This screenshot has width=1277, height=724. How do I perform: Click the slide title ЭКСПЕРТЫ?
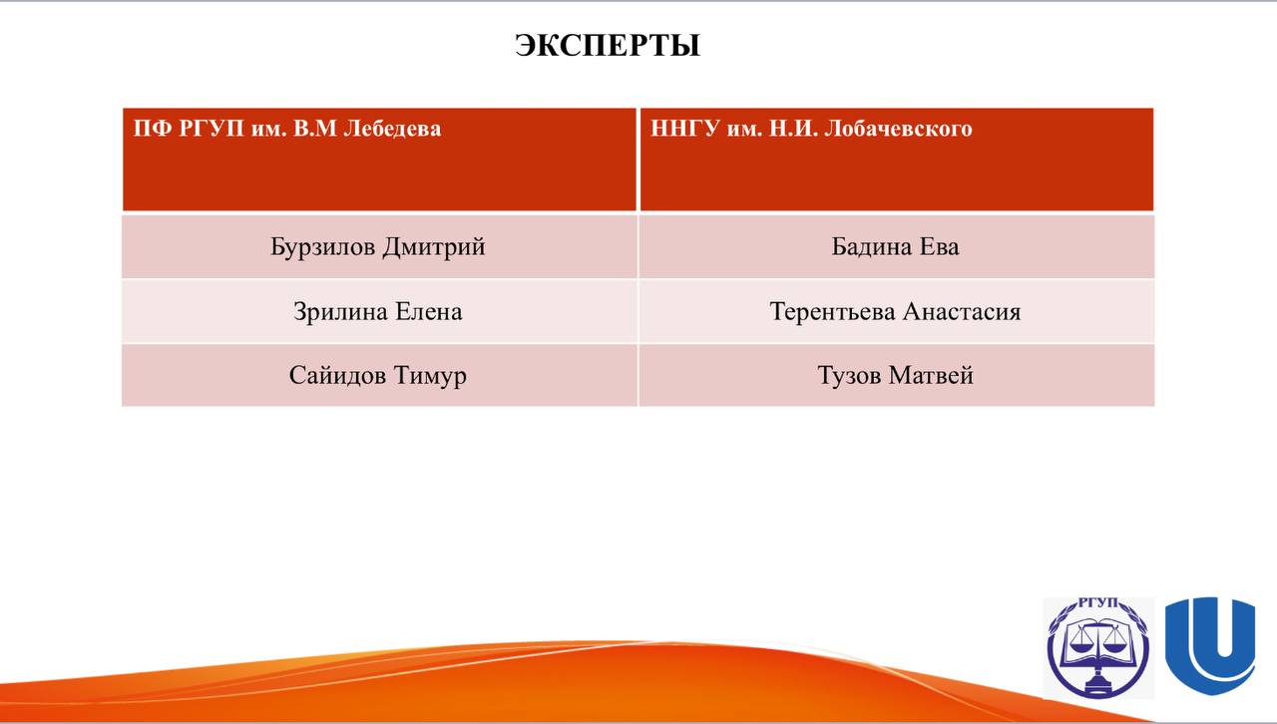pos(608,45)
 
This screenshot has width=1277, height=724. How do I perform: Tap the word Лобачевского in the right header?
pos(898,129)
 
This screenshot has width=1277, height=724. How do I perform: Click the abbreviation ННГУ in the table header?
pos(684,129)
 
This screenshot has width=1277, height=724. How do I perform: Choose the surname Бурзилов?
pos(322,247)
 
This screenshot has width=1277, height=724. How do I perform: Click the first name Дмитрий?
pos(434,247)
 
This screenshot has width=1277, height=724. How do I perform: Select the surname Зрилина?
pos(340,312)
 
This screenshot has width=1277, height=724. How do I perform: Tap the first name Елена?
pos(429,312)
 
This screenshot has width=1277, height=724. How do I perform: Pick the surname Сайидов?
pos(337,376)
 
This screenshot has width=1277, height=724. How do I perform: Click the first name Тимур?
pos(430,376)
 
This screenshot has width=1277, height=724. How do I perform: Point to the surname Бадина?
pos(872,247)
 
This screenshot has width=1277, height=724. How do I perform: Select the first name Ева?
pos(940,247)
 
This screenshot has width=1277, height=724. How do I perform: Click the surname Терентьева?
pos(832,312)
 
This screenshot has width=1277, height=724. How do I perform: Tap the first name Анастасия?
pos(962,312)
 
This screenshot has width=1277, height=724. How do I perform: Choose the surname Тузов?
pos(849,376)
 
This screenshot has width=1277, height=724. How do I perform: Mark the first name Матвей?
pos(931,375)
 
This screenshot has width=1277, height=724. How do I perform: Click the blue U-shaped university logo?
pos(1210,646)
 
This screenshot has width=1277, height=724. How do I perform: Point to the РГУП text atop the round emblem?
pos(1098,603)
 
